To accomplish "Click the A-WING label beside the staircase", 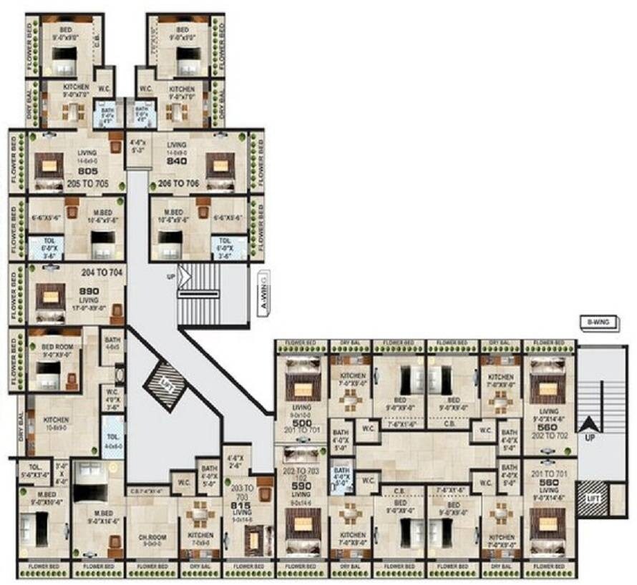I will click(x=263, y=293).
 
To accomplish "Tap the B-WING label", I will click(x=600, y=323).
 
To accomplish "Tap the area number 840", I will click(x=176, y=162).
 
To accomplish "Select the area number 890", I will click(x=89, y=292).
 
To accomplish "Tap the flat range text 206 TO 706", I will click(x=180, y=184).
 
